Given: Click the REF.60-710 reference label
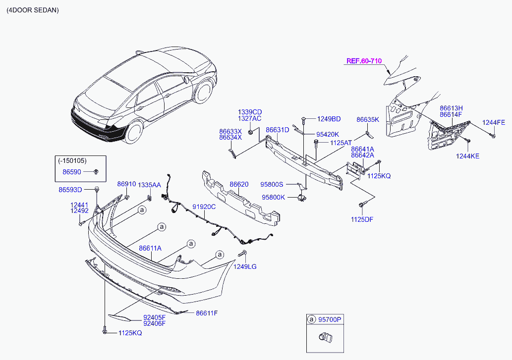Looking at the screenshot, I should pos(363,61).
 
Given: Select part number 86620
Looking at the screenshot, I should pos(239,184).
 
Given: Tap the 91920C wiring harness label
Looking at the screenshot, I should pos(204,207).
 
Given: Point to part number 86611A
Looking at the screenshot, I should pos(150,248).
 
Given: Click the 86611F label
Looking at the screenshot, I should pos(207,313).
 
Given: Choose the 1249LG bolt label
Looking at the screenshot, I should pos(246,266).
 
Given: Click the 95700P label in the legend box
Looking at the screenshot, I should pos(331,320).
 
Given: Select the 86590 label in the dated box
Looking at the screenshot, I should pos(71,172).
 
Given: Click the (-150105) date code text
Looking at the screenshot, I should pos(72,161).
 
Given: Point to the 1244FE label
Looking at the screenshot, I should pos(494,122).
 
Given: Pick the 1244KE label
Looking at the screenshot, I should pos(467,156).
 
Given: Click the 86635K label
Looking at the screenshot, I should pos(368,119).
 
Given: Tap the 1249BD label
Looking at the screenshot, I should pos(329,119).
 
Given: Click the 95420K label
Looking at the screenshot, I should pos(328,134).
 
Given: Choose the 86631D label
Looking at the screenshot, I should pos(277,130).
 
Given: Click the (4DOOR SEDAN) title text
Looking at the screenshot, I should pos(32,10).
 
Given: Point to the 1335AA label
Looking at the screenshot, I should pos(149,184).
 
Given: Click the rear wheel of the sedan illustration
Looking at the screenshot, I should pos(133,132).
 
